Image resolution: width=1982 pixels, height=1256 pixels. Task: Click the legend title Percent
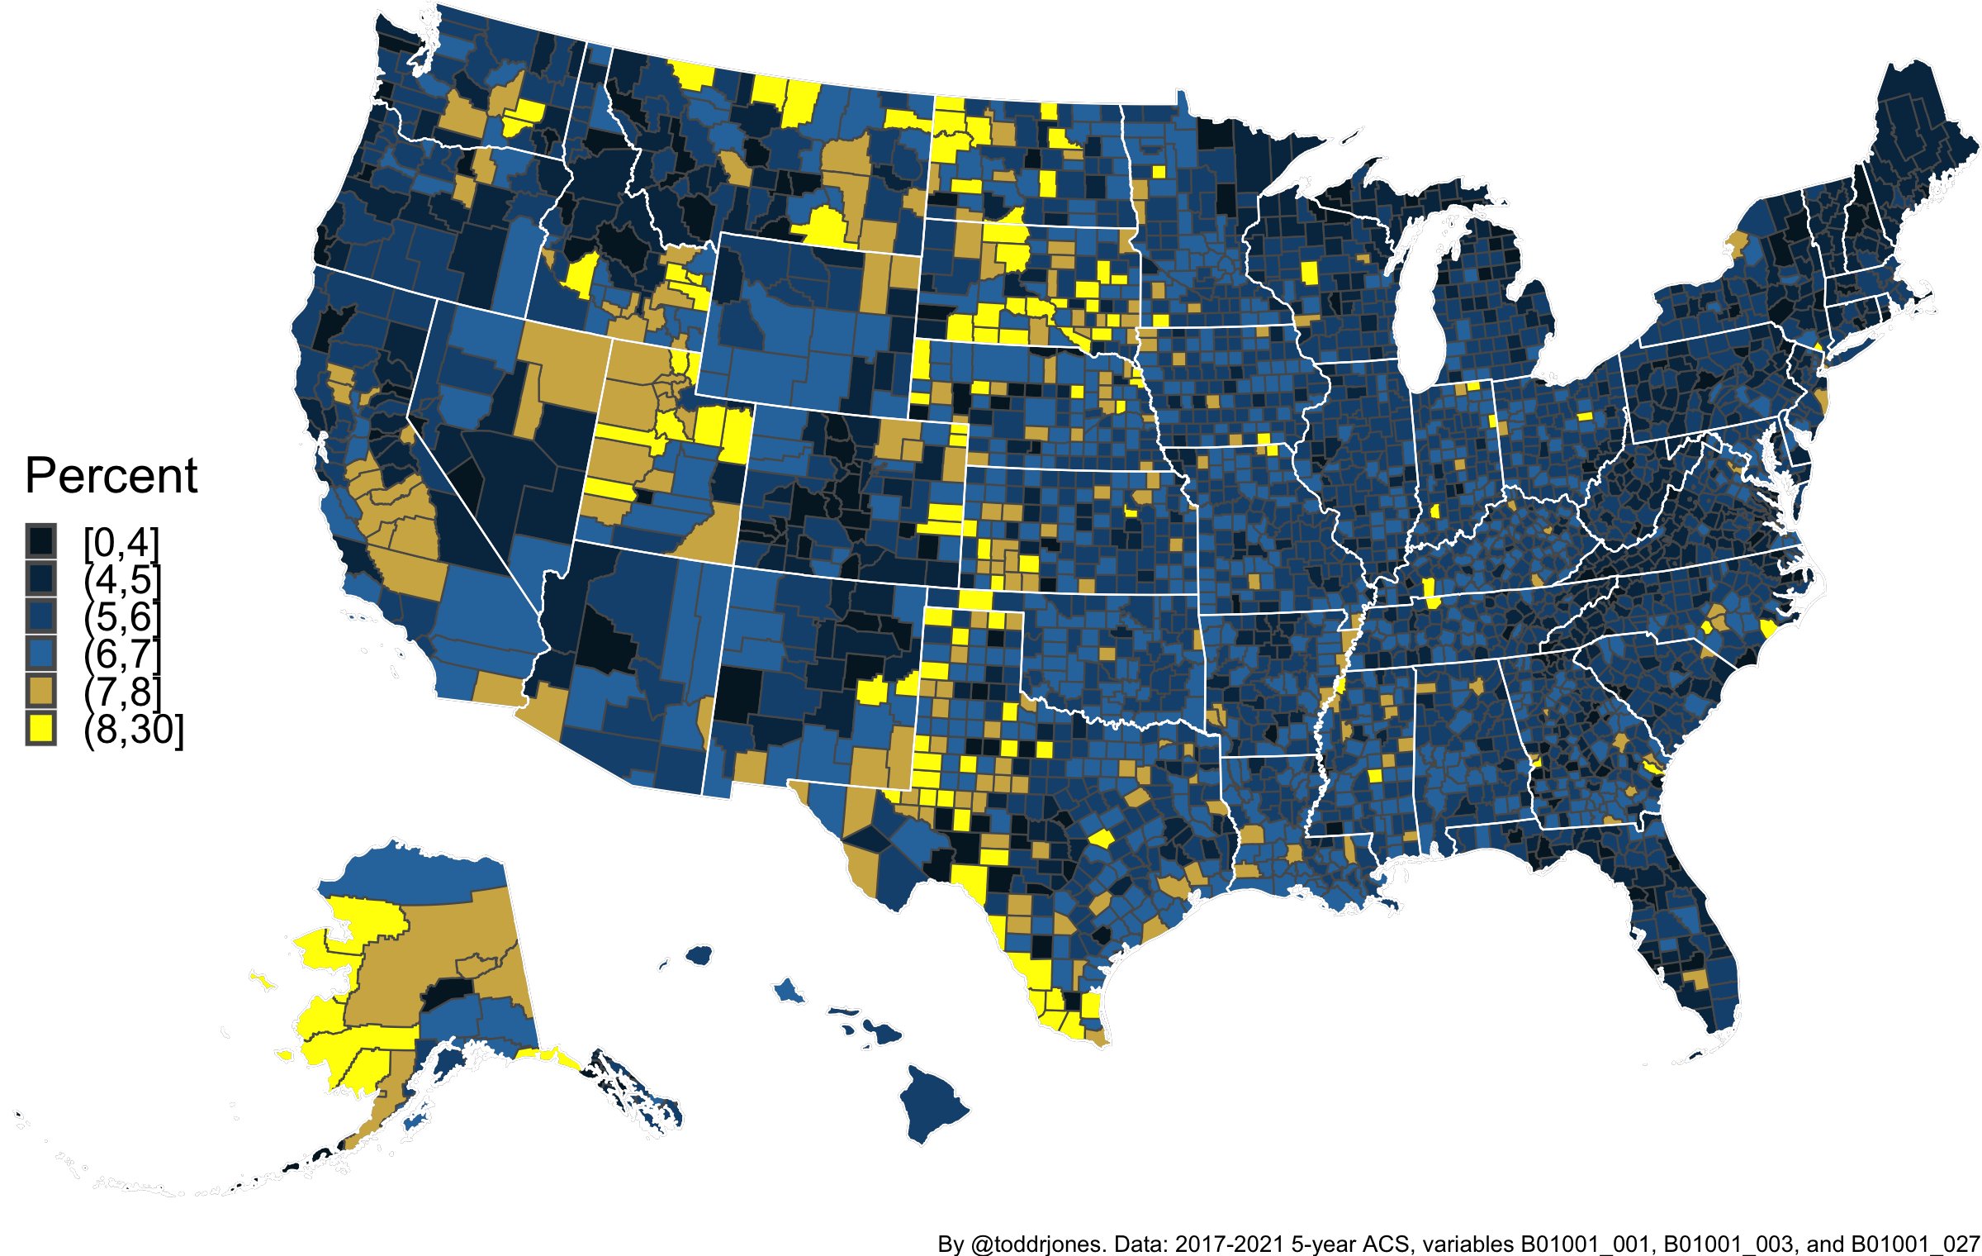111,476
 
